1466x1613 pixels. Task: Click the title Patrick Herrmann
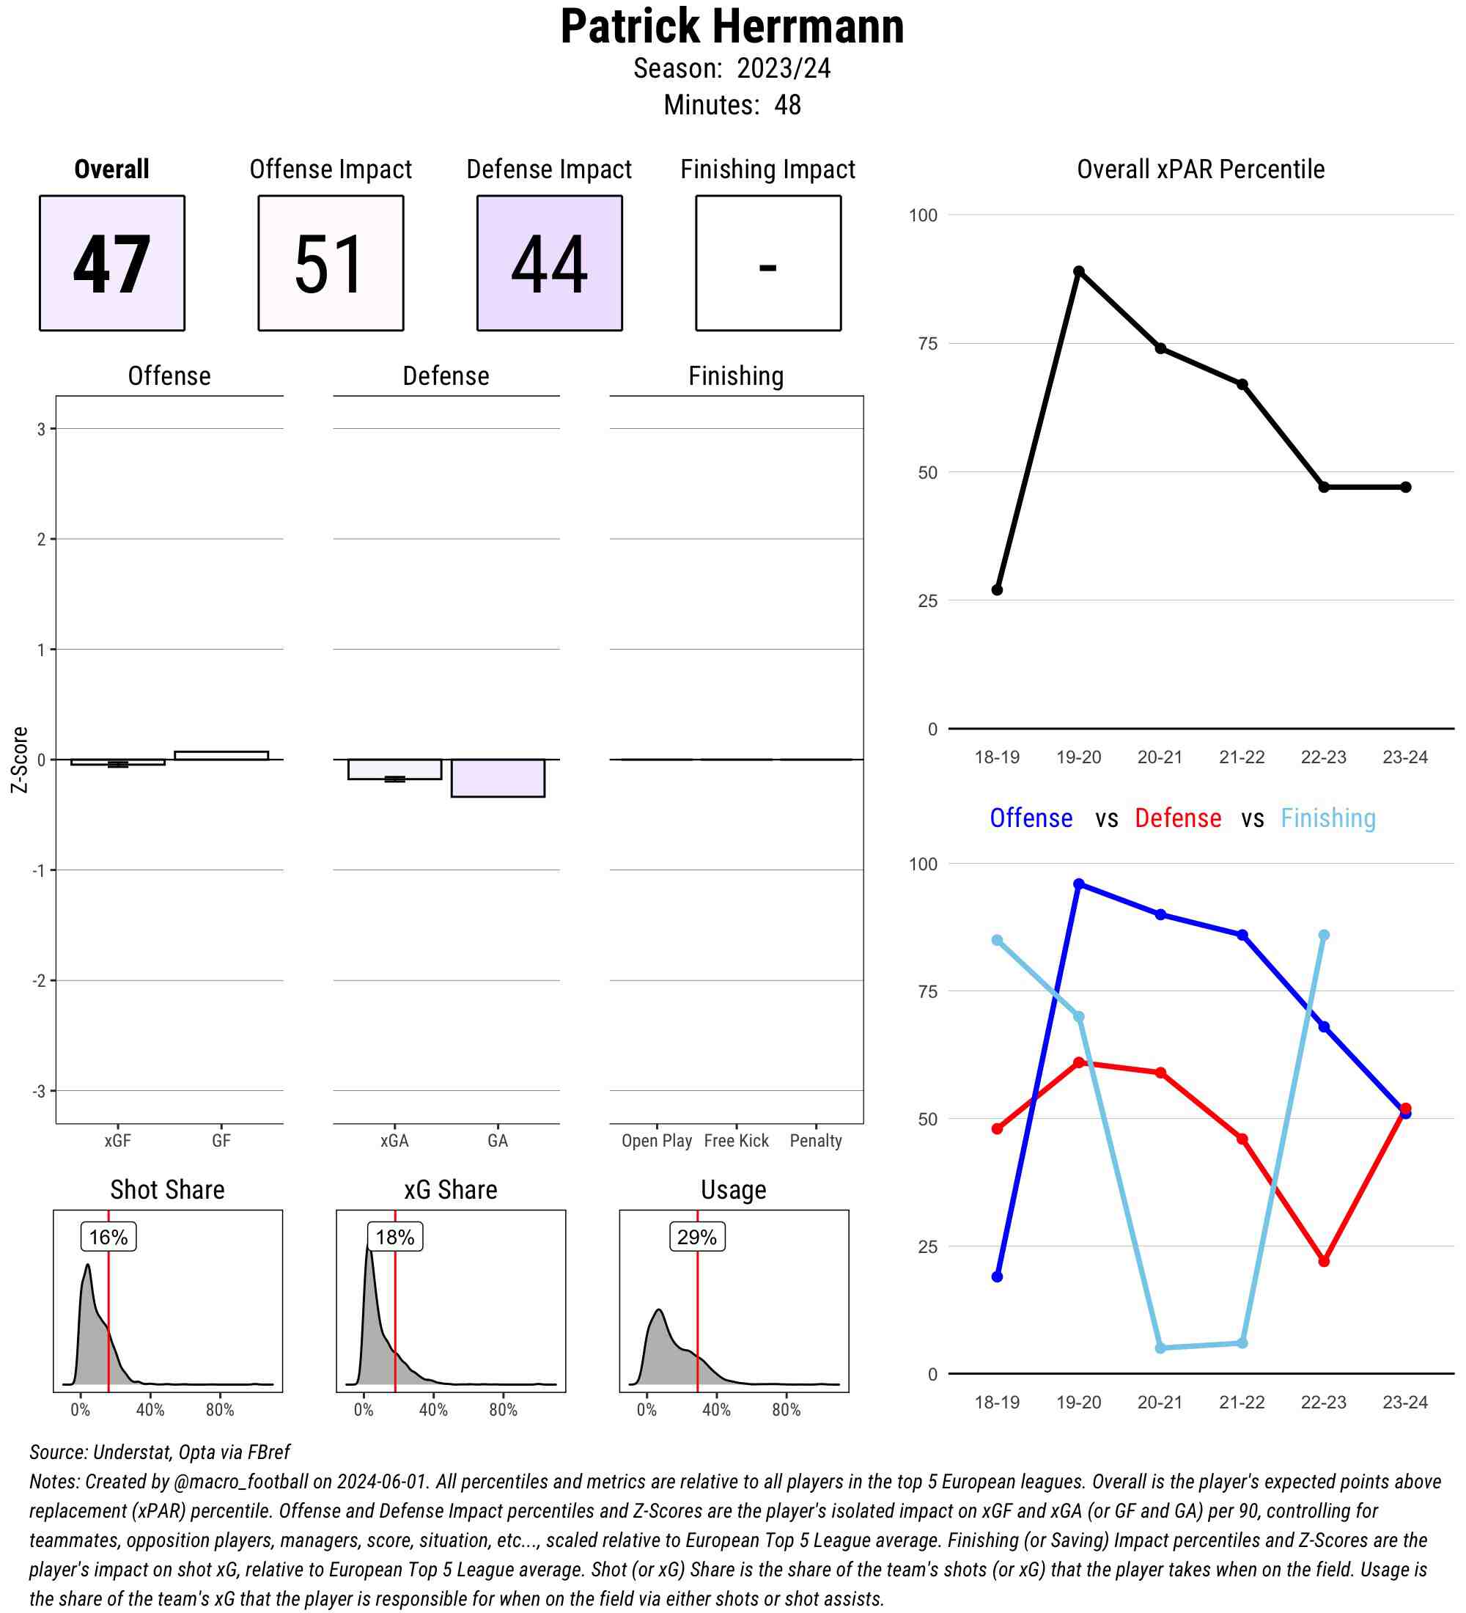(x=732, y=27)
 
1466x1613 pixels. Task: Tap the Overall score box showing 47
(x=112, y=262)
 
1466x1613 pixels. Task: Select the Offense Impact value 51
(x=331, y=262)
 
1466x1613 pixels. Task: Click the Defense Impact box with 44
(x=550, y=262)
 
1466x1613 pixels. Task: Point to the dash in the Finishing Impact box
(x=767, y=267)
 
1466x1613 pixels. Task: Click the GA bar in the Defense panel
(x=498, y=778)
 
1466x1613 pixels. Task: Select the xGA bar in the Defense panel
(x=394, y=769)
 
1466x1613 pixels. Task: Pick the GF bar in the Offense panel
(x=221, y=755)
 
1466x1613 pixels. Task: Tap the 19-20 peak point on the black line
(x=1079, y=271)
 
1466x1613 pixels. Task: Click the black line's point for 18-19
(x=998, y=589)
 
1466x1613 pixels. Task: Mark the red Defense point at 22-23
(x=1324, y=1261)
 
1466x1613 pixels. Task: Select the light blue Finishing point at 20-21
(x=1160, y=1348)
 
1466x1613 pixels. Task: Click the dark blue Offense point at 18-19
(x=998, y=1276)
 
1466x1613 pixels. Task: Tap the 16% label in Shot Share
(x=108, y=1237)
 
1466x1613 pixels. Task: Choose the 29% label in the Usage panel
(x=696, y=1237)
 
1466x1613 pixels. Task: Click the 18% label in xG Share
(x=394, y=1237)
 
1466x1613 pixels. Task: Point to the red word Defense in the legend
(x=1178, y=818)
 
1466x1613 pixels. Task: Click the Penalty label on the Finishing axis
(x=816, y=1141)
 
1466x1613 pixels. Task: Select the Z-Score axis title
(x=19, y=760)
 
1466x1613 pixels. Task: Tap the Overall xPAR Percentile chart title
(x=1201, y=169)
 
